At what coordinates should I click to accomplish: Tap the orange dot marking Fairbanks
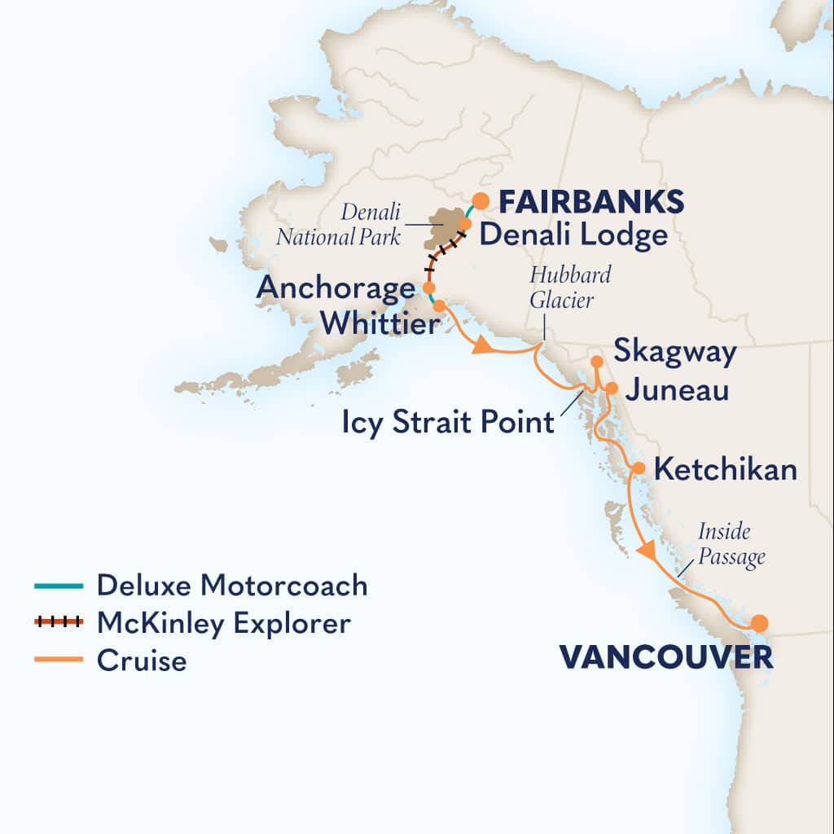click(x=481, y=200)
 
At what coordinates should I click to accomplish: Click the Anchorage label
click(x=336, y=288)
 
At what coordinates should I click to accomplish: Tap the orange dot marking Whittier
click(x=439, y=306)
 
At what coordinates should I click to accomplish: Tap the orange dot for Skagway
click(x=596, y=361)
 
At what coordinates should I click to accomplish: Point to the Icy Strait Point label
click(x=448, y=423)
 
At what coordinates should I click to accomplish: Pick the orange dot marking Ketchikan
click(x=639, y=468)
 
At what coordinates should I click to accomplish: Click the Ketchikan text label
click(x=725, y=470)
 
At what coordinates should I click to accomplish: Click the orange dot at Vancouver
click(x=759, y=623)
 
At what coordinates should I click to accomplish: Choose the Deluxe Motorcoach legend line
click(x=59, y=585)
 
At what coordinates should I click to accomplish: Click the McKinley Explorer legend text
click(x=223, y=623)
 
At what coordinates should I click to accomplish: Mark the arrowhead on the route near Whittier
click(x=483, y=347)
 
